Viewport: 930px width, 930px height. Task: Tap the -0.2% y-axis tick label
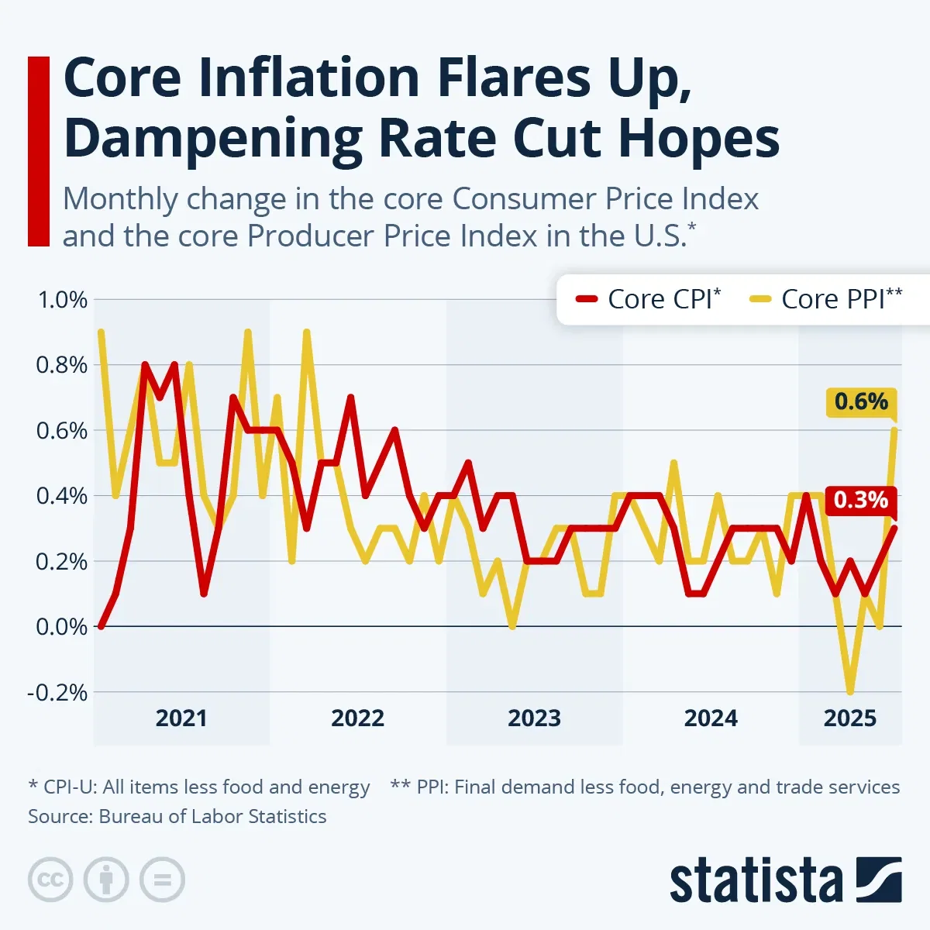click(58, 692)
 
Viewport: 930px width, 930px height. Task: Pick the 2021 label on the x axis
click(181, 718)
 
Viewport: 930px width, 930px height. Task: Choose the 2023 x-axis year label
click(534, 718)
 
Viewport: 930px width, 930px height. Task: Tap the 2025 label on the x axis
click(849, 718)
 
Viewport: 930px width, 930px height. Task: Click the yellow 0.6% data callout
click(861, 401)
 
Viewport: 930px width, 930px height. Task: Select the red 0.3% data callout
click(861, 500)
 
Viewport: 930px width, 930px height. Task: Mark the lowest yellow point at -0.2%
click(850, 691)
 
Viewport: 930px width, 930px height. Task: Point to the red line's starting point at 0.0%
click(101, 625)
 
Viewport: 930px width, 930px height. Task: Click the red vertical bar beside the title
click(39, 151)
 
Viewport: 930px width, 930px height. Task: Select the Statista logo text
click(756, 881)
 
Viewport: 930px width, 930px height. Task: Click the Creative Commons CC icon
click(50, 880)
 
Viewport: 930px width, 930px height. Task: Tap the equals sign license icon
click(162, 880)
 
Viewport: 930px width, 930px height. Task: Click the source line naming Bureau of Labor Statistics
click(177, 816)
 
